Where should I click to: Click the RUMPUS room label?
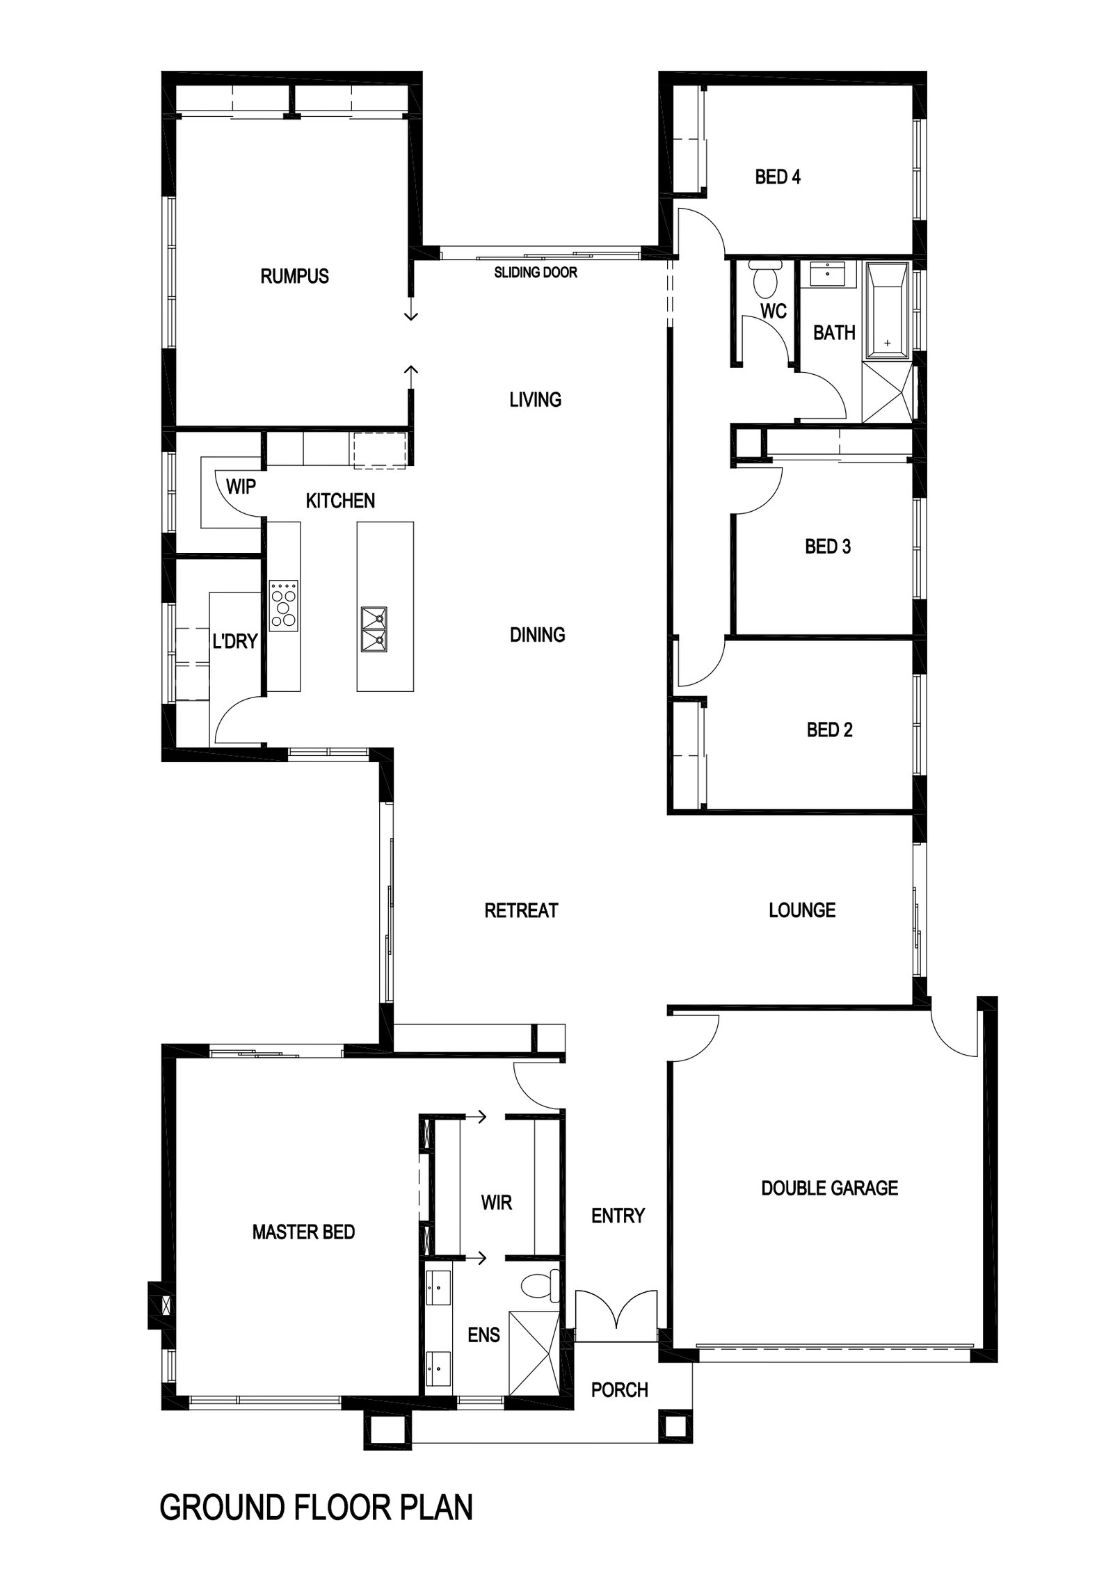coord(294,276)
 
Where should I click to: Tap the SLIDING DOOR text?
coord(536,273)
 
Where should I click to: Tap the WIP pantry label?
coord(241,487)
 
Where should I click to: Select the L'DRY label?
coord(235,640)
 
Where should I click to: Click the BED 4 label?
coord(778,177)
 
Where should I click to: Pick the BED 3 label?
coord(828,547)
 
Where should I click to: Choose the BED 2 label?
coord(829,729)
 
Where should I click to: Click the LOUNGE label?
coord(802,910)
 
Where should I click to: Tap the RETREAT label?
coord(521,910)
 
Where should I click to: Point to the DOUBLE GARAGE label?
coord(830,1188)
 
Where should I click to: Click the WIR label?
coord(497,1202)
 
